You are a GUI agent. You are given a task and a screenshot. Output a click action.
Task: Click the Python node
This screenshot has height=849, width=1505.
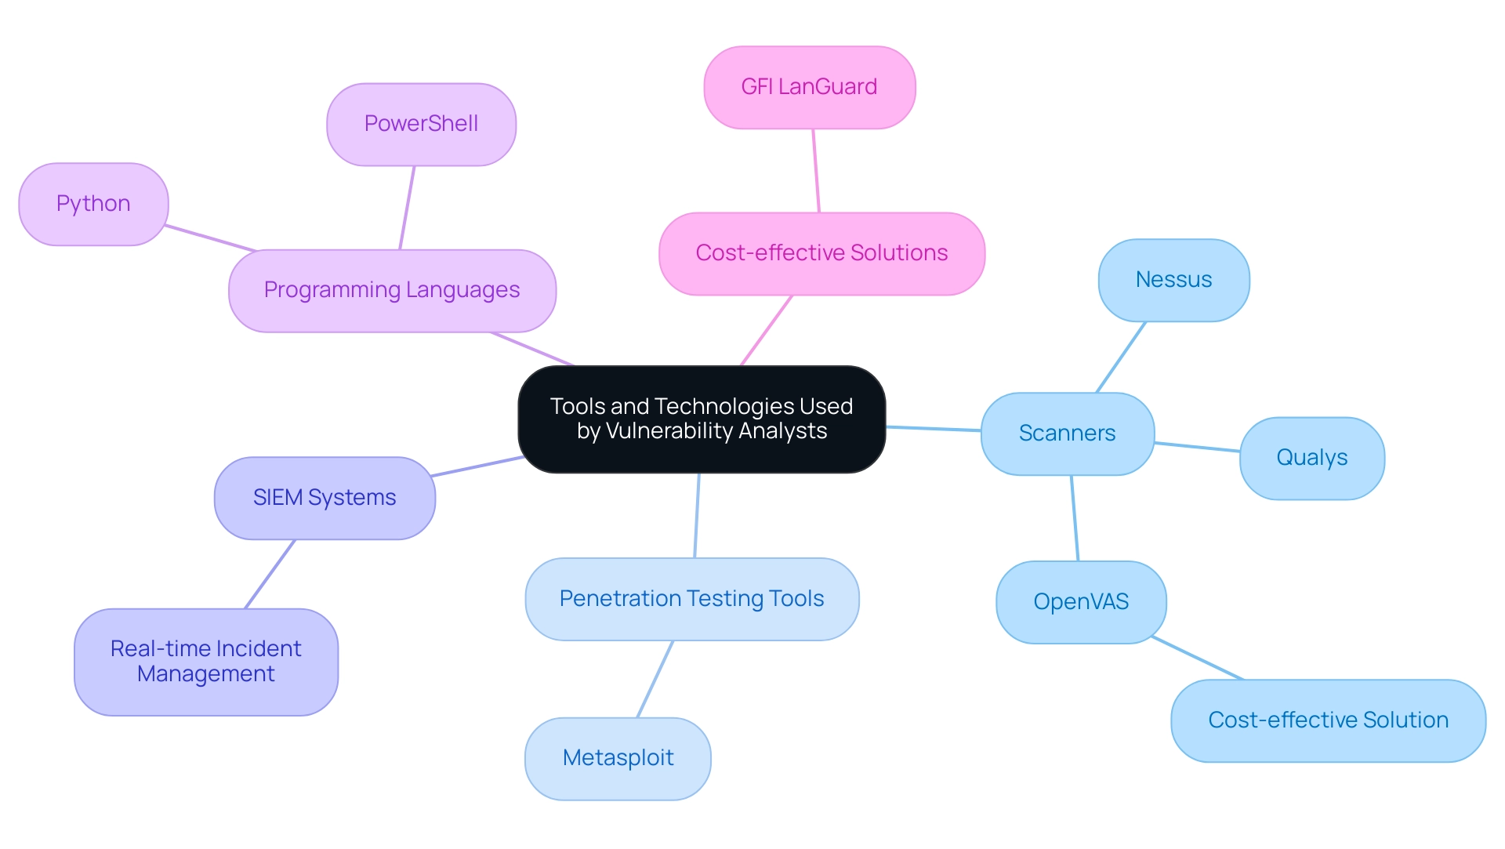click(93, 204)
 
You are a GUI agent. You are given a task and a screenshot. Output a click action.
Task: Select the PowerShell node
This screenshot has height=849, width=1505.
click(421, 124)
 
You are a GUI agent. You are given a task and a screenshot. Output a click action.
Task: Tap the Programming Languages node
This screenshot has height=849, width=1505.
click(392, 290)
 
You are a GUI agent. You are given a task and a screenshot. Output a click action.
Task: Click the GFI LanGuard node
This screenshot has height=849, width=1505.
click(809, 87)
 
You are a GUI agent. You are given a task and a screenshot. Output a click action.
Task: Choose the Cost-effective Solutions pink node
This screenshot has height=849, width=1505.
click(821, 253)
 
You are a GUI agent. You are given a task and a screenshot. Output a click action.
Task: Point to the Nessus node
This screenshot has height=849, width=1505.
click(1173, 280)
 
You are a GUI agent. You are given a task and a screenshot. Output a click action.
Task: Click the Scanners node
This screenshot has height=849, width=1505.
click(1067, 434)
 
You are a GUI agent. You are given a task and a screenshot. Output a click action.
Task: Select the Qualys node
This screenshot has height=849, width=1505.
click(1311, 458)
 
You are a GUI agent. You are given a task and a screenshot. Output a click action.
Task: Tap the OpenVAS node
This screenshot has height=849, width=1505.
click(1081, 602)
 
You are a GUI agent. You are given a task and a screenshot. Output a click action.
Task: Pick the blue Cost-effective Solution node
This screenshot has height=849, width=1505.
click(1328, 720)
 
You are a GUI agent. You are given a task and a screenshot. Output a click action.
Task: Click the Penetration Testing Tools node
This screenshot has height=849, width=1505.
click(691, 599)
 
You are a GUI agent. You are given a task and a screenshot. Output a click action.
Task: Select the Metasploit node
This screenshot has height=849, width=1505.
click(618, 758)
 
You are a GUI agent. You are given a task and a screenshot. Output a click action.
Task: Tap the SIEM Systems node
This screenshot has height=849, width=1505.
click(325, 498)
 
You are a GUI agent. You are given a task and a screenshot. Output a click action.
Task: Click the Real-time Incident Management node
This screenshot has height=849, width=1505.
click(206, 662)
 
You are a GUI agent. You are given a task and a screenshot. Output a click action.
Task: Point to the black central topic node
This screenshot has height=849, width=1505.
click(702, 419)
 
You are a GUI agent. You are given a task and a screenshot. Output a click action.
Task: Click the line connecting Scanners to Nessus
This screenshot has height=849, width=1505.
click(1121, 357)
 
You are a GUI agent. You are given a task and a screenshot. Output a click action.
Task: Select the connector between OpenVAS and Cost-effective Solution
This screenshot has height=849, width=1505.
click(1198, 659)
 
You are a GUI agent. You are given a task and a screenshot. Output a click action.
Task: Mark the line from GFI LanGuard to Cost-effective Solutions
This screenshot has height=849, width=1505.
click(816, 171)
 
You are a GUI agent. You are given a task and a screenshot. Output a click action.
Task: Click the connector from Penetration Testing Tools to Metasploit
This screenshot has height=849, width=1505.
click(655, 679)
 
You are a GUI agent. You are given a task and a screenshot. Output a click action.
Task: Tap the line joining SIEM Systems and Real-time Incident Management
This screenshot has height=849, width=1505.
click(270, 574)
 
